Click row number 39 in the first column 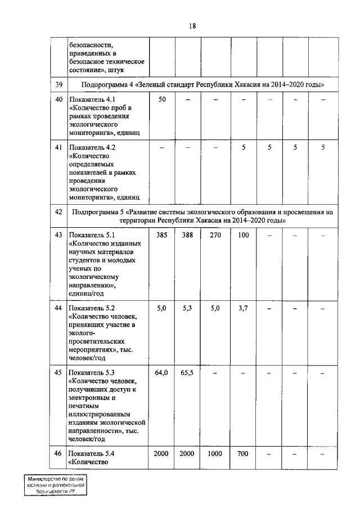coord(57,84)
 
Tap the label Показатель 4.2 coord(91,147)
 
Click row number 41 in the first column coord(57,147)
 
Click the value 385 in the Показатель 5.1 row coord(162,235)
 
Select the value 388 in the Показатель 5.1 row coord(187,235)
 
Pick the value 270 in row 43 coord(216,235)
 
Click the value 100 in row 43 coord(243,235)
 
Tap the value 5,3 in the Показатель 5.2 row coord(187,308)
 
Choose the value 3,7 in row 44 coord(243,308)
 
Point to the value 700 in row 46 coord(243,453)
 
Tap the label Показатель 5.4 coord(91,453)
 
